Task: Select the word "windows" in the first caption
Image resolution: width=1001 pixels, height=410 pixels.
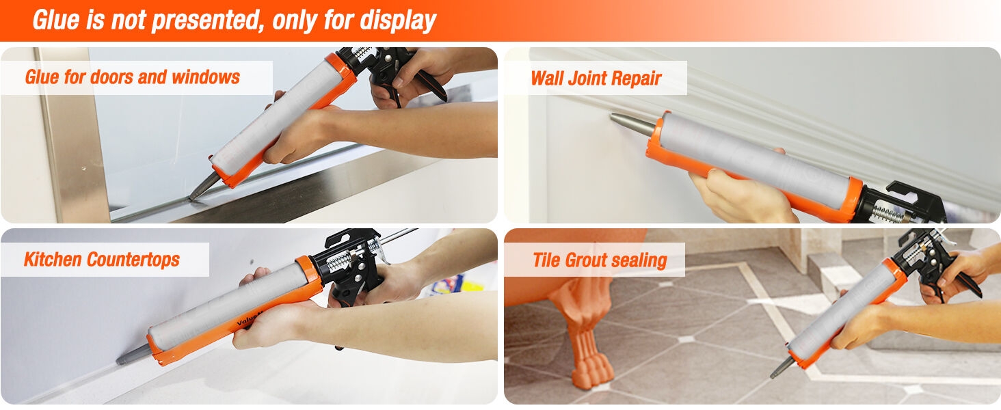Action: point(206,77)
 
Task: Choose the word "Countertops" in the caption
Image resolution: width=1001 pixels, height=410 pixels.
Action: point(133,260)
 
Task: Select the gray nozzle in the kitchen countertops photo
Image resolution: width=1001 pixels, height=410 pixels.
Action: point(133,355)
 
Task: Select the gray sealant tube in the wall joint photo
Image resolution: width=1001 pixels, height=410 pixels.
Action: point(756,161)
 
